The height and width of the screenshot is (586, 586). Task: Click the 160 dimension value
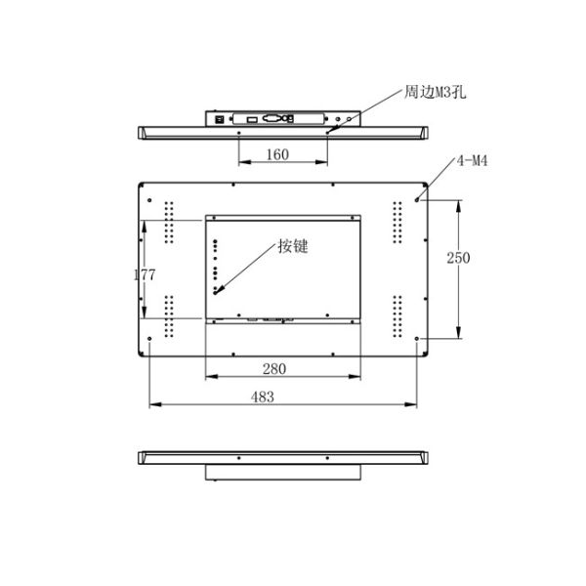(x=277, y=154)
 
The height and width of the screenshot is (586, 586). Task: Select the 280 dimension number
(x=274, y=368)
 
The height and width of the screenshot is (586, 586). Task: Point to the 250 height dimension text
(x=458, y=258)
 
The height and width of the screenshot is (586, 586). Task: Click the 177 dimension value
(x=145, y=275)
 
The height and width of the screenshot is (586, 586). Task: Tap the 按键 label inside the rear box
(x=292, y=246)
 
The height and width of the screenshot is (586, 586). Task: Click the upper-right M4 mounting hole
(x=419, y=199)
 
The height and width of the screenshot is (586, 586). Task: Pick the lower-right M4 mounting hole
(x=419, y=339)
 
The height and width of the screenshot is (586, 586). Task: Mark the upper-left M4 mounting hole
(x=149, y=199)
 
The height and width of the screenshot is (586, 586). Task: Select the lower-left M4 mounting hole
(x=149, y=339)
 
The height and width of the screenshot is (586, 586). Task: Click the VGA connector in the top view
(x=275, y=118)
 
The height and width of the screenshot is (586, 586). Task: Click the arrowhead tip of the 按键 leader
(x=216, y=291)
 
